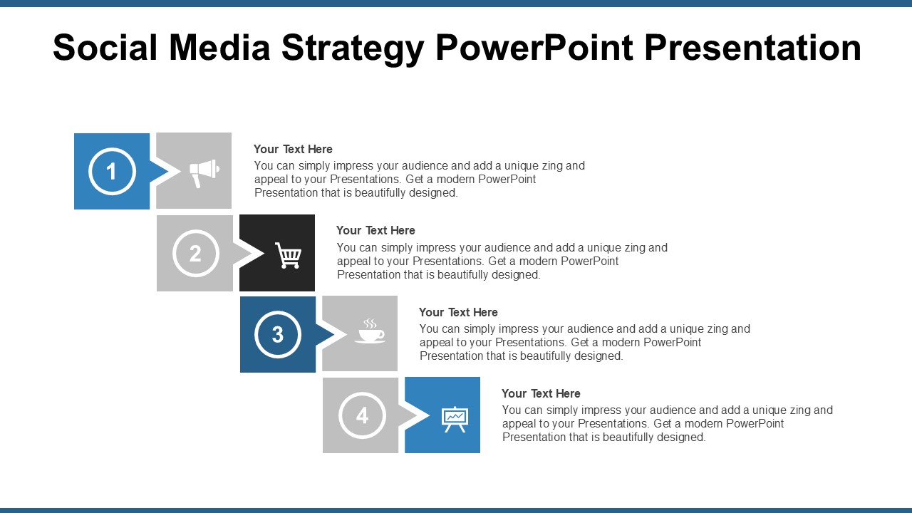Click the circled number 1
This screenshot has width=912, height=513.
112,172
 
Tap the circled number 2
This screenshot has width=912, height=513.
195,254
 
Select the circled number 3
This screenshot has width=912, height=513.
278,334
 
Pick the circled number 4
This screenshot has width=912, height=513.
362,415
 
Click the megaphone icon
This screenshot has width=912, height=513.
204,172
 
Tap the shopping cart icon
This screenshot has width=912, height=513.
288,255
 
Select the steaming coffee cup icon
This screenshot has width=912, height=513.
370,332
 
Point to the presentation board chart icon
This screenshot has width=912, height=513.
454,419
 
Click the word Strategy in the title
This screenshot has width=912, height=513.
353,48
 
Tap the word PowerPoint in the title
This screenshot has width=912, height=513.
534,48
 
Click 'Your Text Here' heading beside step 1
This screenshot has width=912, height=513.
293,149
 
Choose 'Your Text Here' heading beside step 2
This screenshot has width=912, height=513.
375,230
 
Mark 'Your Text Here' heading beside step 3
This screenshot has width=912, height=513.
458,312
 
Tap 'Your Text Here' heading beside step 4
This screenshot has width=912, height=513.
541,393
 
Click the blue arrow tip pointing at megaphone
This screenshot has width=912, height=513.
164,172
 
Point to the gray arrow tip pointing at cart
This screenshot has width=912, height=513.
247,254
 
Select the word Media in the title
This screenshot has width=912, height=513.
220,48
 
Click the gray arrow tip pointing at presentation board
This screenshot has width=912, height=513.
413,415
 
